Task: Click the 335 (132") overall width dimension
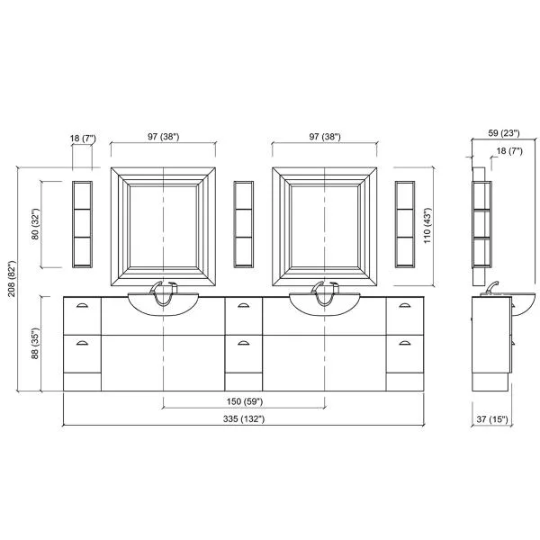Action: click(x=244, y=419)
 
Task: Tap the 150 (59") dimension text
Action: click(x=245, y=401)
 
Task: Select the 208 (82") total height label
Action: click(x=12, y=279)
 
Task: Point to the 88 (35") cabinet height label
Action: click(x=35, y=344)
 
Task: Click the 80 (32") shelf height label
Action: click(x=35, y=224)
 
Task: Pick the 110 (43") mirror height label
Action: click(x=427, y=226)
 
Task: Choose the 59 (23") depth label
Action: click(x=504, y=133)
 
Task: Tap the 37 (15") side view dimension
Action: click(x=492, y=419)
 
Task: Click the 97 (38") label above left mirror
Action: click(x=164, y=137)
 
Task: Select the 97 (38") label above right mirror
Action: click(x=325, y=137)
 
